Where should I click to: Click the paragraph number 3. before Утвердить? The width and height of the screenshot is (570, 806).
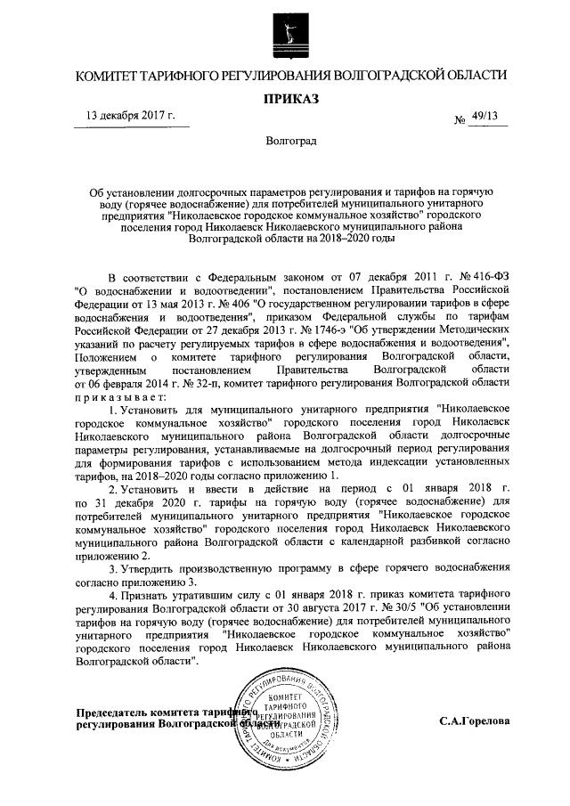tap(113, 567)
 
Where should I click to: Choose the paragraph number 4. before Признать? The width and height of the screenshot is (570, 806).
tap(113, 594)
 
